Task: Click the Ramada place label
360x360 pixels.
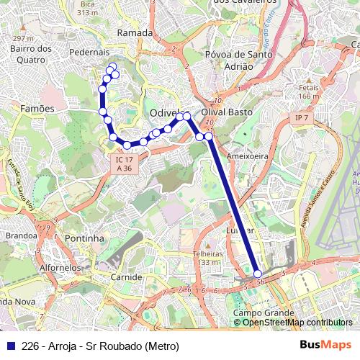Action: pyautogui.click(x=135, y=33)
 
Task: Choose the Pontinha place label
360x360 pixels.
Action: pyautogui.click(x=84, y=238)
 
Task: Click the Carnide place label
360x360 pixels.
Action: pyautogui.click(x=126, y=276)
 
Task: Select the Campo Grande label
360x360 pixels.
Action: pyautogui.click(x=263, y=313)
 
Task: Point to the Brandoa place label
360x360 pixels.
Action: pyautogui.click(x=21, y=235)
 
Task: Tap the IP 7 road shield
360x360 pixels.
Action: pyautogui.click(x=301, y=117)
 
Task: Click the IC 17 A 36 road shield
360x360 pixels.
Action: pyautogui.click(x=124, y=163)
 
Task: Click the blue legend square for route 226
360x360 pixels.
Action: pyautogui.click(x=9, y=346)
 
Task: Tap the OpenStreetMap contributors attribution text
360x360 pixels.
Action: pyautogui.click(x=297, y=323)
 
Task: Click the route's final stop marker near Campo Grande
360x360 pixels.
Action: pyautogui.click(x=258, y=274)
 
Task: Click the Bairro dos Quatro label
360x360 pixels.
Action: pyautogui.click(x=31, y=54)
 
